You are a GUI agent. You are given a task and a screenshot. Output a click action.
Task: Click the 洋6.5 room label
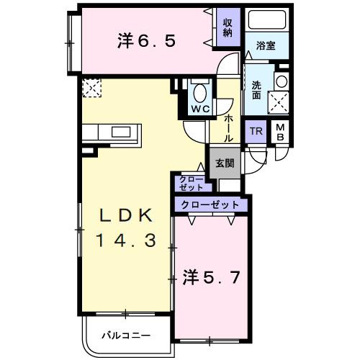point(146,42)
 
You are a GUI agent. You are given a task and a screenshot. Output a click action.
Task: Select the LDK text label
point(127,216)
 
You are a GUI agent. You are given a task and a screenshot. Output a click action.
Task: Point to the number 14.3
point(127,241)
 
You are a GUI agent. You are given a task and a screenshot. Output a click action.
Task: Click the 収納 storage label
point(227,27)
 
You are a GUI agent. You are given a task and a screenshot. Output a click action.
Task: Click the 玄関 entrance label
point(224,163)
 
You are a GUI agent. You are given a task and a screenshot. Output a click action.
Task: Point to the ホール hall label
point(228,126)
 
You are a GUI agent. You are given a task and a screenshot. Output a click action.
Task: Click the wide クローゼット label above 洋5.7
point(210,205)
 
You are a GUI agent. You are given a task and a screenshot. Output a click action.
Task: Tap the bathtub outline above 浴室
point(266,22)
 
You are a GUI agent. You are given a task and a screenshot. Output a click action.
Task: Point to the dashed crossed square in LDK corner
point(92,88)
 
